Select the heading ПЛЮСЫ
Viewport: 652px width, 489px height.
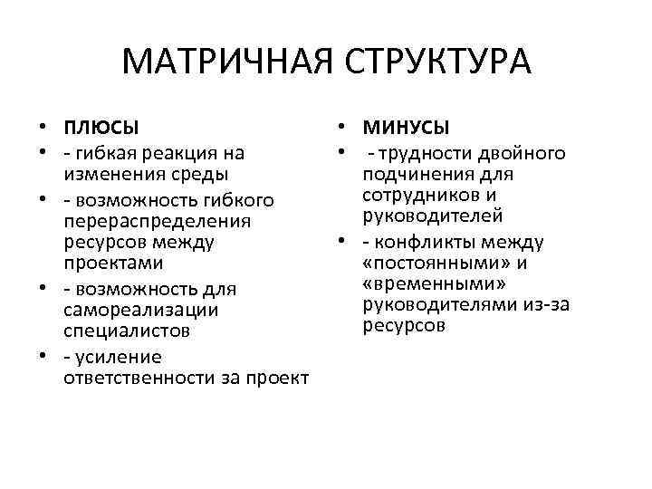(x=101, y=128)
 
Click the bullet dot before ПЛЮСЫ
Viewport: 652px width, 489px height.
(x=43, y=128)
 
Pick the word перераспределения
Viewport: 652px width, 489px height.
(x=158, y=220)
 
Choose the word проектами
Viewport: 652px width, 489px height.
(x=114, y=264)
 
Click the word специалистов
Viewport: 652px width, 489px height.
(x=126, y=331)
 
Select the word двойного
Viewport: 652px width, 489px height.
(x=528, y=152)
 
